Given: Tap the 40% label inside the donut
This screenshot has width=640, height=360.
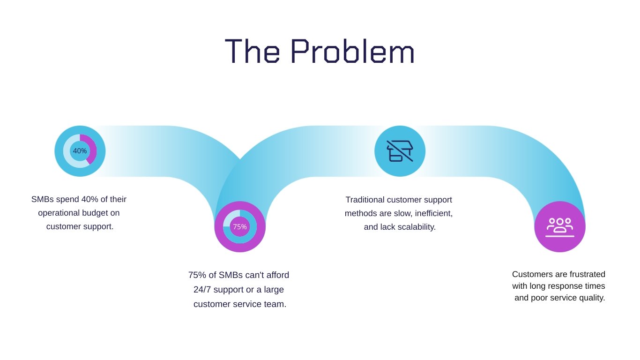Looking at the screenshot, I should [x=80, y=151].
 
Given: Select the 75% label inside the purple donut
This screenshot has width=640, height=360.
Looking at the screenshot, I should [x=240, y=227].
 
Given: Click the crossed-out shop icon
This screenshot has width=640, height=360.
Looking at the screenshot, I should [x=400, y=151].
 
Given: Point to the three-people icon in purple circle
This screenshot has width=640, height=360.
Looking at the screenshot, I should [x=559, y=227].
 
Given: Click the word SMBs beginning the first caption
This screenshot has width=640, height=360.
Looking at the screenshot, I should [x=43, y=199].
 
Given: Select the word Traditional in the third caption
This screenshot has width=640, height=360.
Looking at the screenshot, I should [x=365, y=200].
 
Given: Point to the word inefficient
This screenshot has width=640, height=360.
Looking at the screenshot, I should [x=432, y=213].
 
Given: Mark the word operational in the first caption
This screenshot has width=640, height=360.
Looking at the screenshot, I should [x=60, y=213].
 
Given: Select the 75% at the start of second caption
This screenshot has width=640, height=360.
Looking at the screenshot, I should [x=197, y=275].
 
